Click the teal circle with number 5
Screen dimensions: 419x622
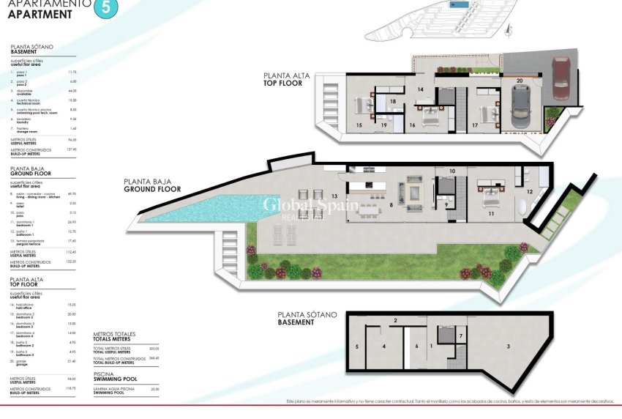[107, 8]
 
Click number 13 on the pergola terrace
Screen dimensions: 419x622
[334, 196]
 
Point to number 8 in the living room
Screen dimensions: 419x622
[391, 206]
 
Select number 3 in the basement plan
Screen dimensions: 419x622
[508, 346]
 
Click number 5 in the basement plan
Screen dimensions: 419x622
[356, 346]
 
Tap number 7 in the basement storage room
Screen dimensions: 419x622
[460, 336]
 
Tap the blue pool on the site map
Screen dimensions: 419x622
[460, 6]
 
